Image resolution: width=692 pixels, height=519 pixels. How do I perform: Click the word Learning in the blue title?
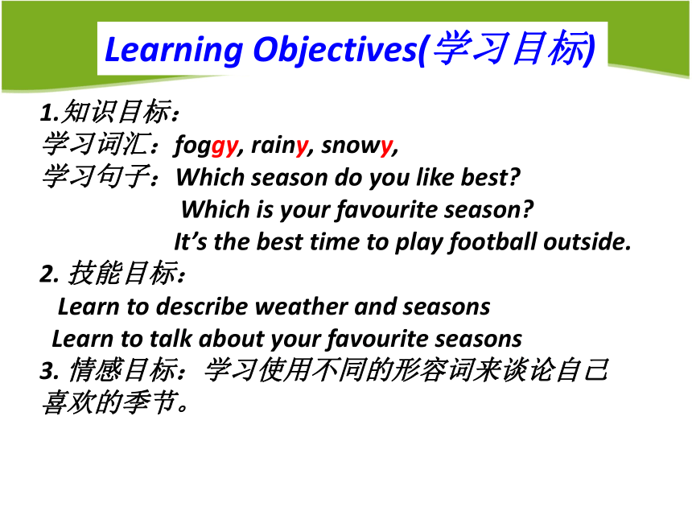click(174, 50)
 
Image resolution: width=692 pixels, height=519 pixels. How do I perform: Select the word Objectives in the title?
click(336, 50)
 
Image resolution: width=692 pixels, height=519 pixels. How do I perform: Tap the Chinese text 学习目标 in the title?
click(511, 47)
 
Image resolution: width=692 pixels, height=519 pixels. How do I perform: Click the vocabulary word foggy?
click(207, 145)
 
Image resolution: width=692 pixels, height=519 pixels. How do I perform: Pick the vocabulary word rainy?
click(280, 145)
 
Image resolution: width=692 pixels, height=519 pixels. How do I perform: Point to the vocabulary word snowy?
click(357, 145)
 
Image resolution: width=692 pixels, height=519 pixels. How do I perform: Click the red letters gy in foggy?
click(224, 147)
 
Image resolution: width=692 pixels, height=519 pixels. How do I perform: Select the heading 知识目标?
click(116, 111)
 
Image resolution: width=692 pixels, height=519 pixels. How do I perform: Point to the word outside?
click(587, 242)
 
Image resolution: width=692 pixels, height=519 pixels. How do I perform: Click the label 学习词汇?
click(94, 144)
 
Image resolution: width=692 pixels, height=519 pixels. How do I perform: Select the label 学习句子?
click(95, 175)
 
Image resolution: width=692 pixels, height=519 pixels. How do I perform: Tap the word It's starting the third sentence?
click(190, 242)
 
